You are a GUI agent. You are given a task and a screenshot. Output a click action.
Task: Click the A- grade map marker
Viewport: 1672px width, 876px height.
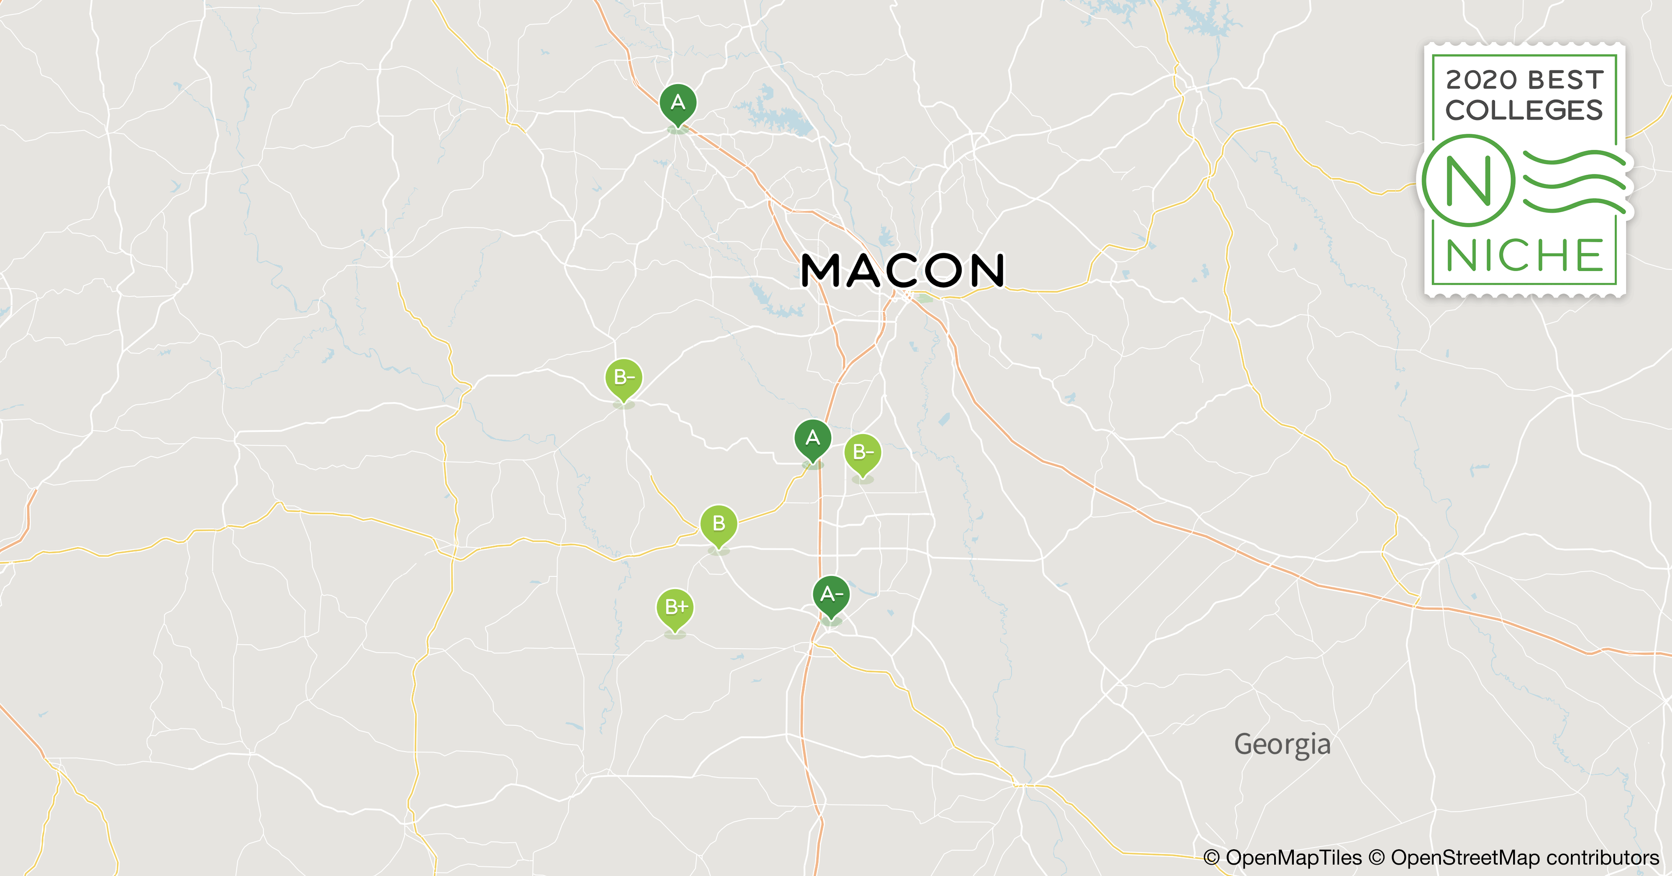(831, 594)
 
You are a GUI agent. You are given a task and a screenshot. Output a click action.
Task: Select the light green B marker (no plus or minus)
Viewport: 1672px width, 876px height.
(719, 523)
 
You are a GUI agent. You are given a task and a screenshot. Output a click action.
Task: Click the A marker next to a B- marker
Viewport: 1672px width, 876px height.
(813, 438)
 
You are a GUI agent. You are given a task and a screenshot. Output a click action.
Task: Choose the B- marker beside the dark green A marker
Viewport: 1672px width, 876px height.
(863, 452)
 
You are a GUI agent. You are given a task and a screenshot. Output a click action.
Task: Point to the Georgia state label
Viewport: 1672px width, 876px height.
(1282, 744)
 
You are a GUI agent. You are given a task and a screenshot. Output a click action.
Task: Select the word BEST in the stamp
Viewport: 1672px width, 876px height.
(1566, 80)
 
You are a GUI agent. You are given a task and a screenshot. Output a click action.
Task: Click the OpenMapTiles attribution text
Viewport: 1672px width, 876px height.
(1293, 857)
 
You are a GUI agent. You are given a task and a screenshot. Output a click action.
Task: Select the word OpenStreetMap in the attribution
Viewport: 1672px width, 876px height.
(1465, 857)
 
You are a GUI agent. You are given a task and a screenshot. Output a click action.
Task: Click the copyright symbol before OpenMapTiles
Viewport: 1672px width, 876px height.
(1211, 857)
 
